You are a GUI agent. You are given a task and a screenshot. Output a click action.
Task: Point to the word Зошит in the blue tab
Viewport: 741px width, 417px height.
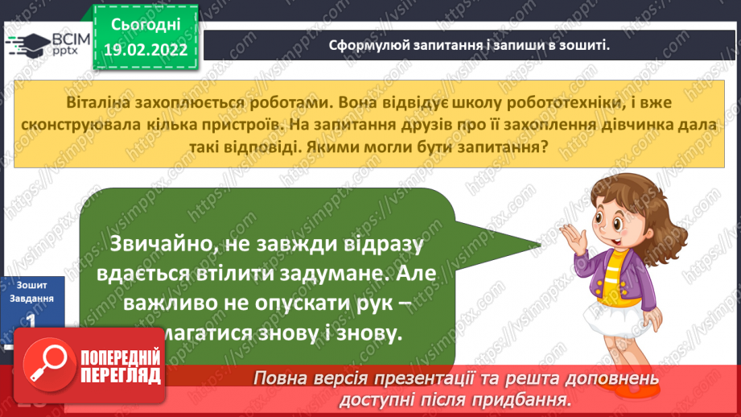click(30, 284)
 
